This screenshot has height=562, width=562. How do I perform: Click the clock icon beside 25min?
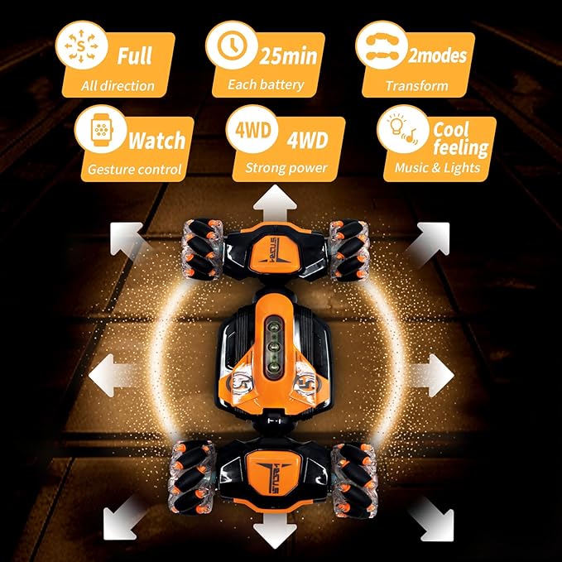click(x=231, y=46)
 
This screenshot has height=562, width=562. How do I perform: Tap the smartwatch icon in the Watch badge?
click(x=102, y=130)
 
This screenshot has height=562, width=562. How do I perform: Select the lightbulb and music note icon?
click(x=403, y=129)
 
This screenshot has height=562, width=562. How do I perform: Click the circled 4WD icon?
click(x=253, y=130)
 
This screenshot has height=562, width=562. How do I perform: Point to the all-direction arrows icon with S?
click(x=81, y=46)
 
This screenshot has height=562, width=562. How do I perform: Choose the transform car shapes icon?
click(x=382, y=46)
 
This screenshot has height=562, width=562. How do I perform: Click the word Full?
click(x=134, y=55)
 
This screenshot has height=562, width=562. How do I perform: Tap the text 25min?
click(x=288, y=56)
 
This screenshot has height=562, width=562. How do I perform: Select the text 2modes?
click(x=437, y=55)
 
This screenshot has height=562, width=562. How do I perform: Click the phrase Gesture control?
click(x=134, y=169)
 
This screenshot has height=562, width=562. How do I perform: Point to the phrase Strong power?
click(x=286, y=168)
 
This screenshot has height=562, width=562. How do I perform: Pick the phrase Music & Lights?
click(x=437, y=168)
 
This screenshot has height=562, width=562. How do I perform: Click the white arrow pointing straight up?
click(x=275, y=203)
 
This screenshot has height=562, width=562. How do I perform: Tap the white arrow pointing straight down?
click(x=275, y=530)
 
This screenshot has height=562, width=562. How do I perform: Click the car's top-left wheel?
click(x=202, y=249)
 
